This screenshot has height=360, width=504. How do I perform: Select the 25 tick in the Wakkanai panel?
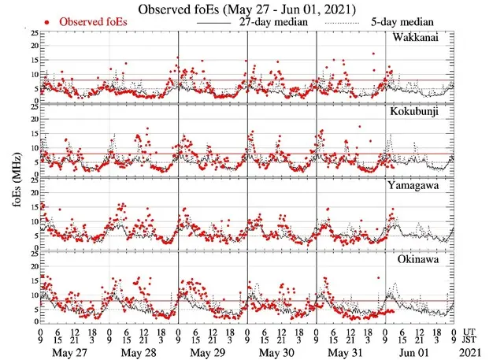point(33,34)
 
